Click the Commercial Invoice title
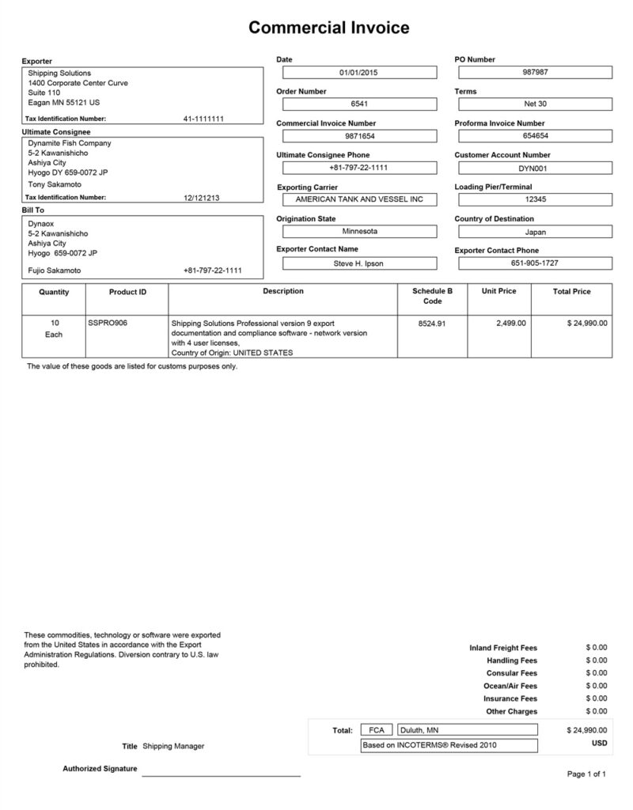coord(328,28)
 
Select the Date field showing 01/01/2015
coord(359,73)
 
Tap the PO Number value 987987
coord(535,73)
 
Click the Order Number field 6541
coord(359,104)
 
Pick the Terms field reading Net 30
coord(535,104)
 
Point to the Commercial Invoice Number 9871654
coord(359,136)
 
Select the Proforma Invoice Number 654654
coord(535,136)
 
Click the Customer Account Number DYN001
coord(535,168)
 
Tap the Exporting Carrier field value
coord(359,200)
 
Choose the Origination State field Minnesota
coord(359,232)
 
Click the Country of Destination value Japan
coord(535,233)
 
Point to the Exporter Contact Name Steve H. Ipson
coord(359,263)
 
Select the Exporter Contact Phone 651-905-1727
coord(535,263)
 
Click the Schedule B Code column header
coord(432,297)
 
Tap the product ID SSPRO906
coord(106,323)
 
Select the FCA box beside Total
coord(376,730)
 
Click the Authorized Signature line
coord(221,773)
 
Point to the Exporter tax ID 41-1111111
coord(203,119)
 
